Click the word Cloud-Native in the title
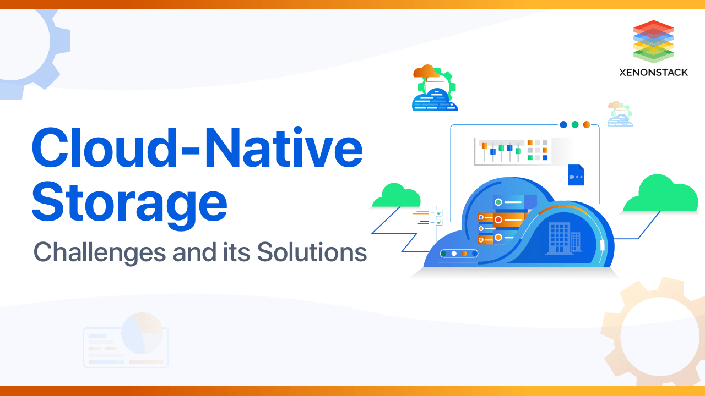tap(197, 148)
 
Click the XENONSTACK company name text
tap(653, 72)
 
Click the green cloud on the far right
tap(661, 195)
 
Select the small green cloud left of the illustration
tap(396, 196)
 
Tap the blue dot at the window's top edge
tap(563, 125)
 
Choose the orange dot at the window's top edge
tap(587, 125)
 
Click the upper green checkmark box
tap(439, 213)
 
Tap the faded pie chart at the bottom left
tap(143, 333)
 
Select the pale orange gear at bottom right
tap(653, 335)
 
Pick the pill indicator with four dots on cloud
tap(459, 254)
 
